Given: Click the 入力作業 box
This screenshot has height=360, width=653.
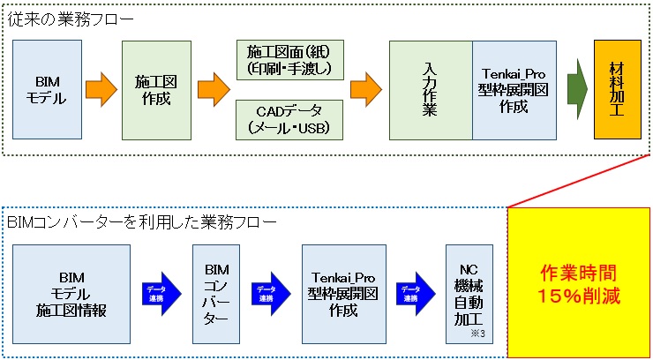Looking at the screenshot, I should coord(431,90).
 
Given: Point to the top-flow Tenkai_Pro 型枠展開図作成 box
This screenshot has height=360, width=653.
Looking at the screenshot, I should coord(514,90).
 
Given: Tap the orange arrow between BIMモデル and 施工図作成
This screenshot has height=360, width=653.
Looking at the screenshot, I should coord(101,89).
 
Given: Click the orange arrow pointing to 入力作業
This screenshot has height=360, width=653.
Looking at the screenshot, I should coord(364,89).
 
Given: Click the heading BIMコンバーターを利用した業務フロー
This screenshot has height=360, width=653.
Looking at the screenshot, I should coord(127,220).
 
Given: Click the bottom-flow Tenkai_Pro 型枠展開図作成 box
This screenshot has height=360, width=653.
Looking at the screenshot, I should coord(343,287).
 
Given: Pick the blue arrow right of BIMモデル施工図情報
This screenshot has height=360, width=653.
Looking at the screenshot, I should coord(159,288).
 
